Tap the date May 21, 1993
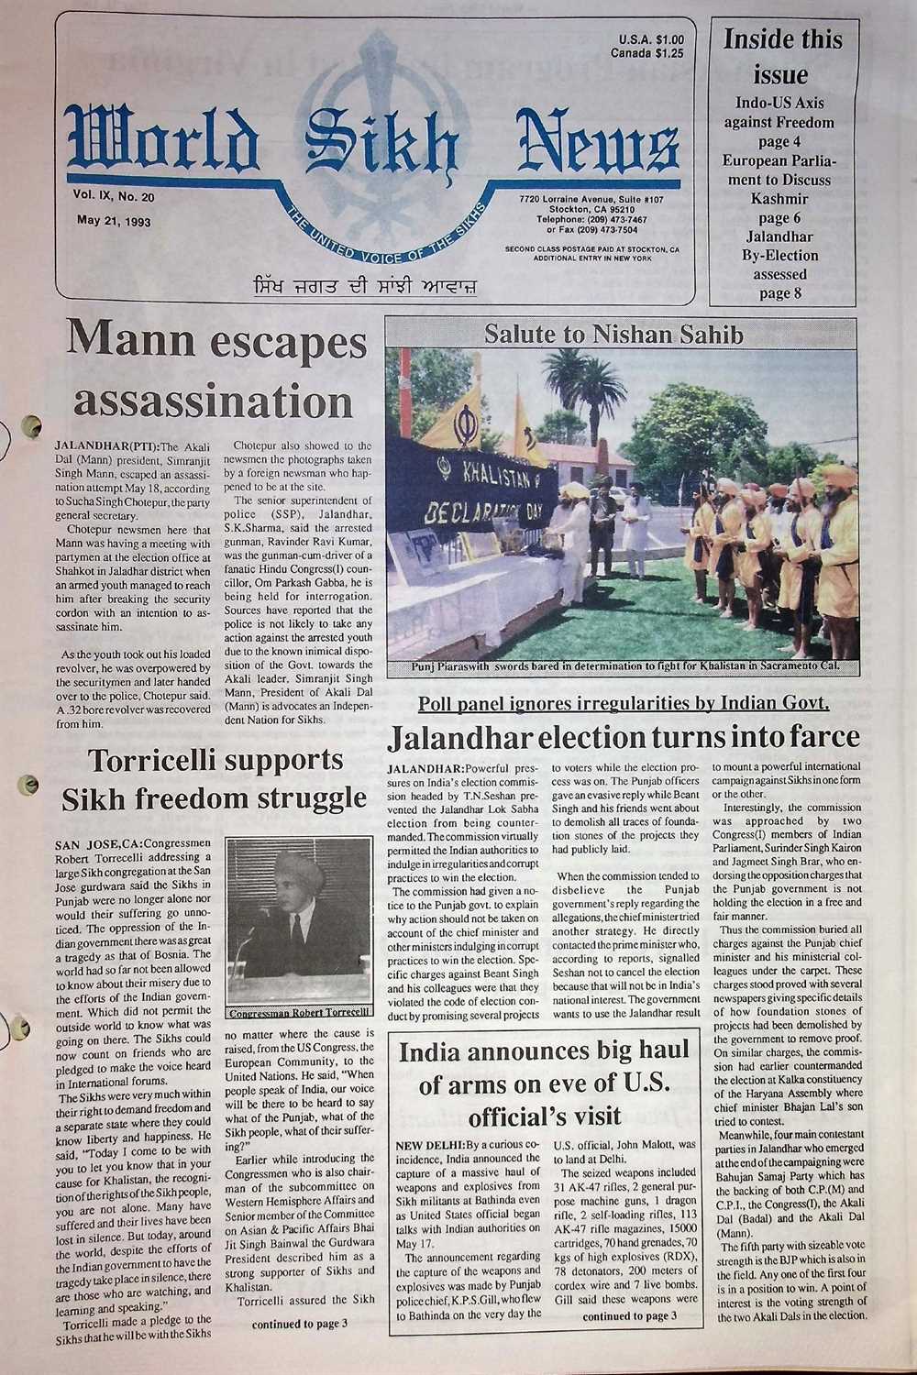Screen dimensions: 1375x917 tap(115, 221)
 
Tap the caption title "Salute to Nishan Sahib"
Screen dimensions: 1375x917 tap(613, 335)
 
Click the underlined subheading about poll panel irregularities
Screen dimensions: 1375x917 tap(624, 703)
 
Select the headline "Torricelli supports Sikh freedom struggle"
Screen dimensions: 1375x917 tap(204, 779)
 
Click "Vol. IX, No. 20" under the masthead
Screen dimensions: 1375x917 tap(115, 195)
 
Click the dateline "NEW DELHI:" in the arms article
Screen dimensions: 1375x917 tap(430, 1147)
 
